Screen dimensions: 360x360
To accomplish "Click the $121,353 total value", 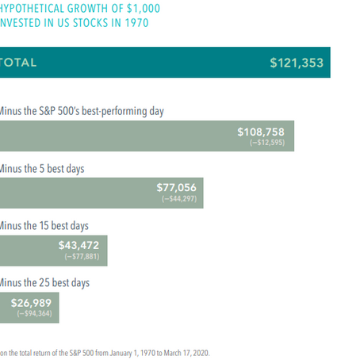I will pyautogui.click(x=296, y=63).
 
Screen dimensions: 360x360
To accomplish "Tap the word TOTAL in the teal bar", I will pyautogui.click(x=17, y=63).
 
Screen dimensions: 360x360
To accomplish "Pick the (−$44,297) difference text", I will pyautogui.click(x=178, y=200).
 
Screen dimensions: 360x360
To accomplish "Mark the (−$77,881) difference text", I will pyautogui.click(x=81, y=257).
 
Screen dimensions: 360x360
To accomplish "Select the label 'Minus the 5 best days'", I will pyautogui.click(x=41, y=169).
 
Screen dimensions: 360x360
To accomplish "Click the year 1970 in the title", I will pyautogui.click(x=136, y=22).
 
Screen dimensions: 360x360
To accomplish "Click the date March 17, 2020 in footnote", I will pyautogui.click(x=190, y=352).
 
